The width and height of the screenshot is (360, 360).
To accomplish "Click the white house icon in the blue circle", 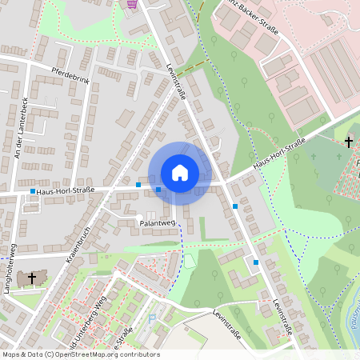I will pos(180,173).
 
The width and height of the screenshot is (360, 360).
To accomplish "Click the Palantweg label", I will pos(158,223).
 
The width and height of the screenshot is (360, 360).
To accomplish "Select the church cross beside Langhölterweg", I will pos(32,278).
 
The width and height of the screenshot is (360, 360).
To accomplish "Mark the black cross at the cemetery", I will pos(348,142).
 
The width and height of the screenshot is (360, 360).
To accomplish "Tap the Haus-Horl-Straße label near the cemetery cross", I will pos(278,154).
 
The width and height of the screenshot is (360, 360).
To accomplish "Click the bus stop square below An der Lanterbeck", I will pos(32,191).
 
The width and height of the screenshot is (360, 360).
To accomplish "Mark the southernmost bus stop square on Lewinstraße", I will pos(256,262).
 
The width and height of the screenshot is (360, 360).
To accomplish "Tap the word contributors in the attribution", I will pos(139,354).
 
